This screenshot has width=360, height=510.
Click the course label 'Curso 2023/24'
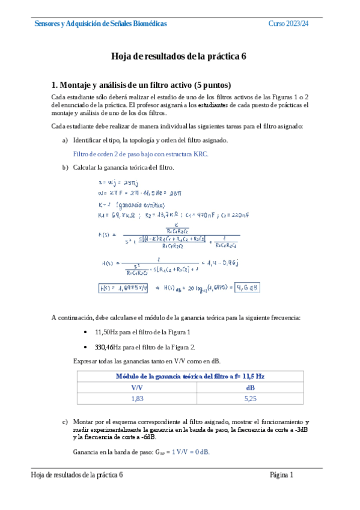288,23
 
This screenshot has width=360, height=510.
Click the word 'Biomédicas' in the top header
148,23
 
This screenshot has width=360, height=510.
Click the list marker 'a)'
65,140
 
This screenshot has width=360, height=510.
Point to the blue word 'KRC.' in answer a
201,154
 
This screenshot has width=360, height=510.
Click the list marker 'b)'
65,167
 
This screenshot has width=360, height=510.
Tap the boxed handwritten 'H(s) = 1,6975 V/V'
124,287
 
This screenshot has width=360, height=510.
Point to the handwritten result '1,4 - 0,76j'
224,263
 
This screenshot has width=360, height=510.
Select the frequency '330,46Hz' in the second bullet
109,347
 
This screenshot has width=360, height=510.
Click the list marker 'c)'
65,422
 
